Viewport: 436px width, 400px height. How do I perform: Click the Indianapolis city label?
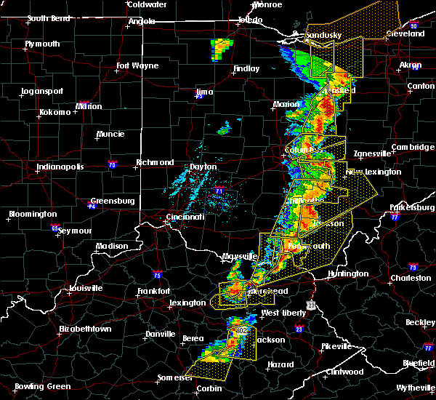coord(61,167)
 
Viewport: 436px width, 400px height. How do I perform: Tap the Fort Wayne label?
coord(137,66)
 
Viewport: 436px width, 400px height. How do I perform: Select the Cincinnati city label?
coord(183,217)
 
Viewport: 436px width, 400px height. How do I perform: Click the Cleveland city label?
coord(405,34)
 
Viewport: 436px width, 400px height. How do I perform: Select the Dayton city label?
coord(203,167)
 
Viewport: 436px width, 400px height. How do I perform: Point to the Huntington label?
coord(348,273)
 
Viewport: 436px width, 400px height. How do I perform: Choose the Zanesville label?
coord(372,154)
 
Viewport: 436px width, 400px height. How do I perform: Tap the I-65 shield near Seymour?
coord(55,228)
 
